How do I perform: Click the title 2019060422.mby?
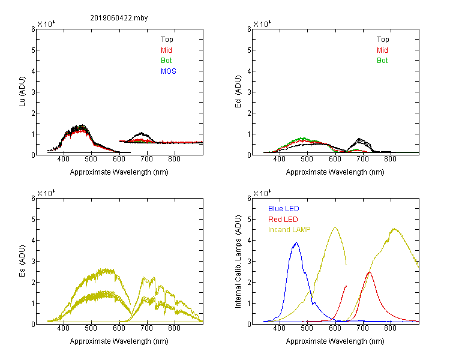click(119, 18)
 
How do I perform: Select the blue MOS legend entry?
click(169, 71)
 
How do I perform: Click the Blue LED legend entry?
click(284, 209)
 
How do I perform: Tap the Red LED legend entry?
click(283, 220)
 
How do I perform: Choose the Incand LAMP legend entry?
click(289, 230)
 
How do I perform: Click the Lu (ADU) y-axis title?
click(22, 92)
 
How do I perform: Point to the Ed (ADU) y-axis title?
click(238, 92)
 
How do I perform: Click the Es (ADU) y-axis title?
click(22, 261)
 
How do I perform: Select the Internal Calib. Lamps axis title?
click(238, 262)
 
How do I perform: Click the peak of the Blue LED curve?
click(296, 242)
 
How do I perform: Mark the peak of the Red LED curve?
click(370, 272)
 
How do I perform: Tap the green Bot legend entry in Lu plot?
click(166, 61)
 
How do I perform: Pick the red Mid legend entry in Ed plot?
click(382, 50)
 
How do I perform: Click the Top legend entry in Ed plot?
click(383, 40)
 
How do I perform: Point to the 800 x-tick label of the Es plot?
click(174, 328)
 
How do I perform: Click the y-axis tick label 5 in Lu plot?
click(33, 50)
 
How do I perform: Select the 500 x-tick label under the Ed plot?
click(307, 159)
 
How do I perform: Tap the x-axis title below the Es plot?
click(119, 341)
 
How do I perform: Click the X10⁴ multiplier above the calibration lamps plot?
click(262, 193)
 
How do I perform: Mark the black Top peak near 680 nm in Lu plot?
click(141, 133)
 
